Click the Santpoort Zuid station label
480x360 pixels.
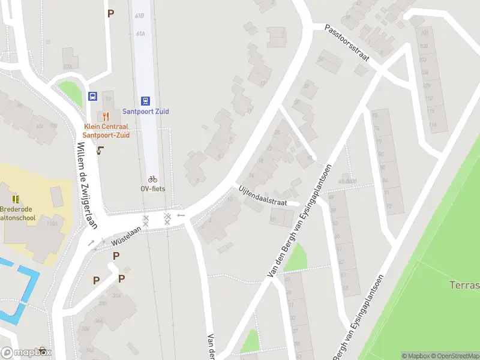(x=146, y=112)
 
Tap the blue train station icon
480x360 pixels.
(x=146, y=101)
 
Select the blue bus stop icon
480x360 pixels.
(x=93, y=96)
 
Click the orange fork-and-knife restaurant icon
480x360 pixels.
(x=106, y=116)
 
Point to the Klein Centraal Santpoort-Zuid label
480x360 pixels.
(x=106, y=131)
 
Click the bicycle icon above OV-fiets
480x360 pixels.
(x=152, y=179)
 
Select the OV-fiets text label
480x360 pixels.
(x=152, y=188)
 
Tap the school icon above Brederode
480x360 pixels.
(x=16, y=199)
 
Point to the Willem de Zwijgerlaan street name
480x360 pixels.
(x=82, y=179)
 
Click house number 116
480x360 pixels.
(x=433, y=125)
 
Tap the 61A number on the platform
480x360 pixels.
(x=140, y=34)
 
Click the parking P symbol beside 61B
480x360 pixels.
(x=110, y=13)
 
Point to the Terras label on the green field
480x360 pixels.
(x=464, y=284)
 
